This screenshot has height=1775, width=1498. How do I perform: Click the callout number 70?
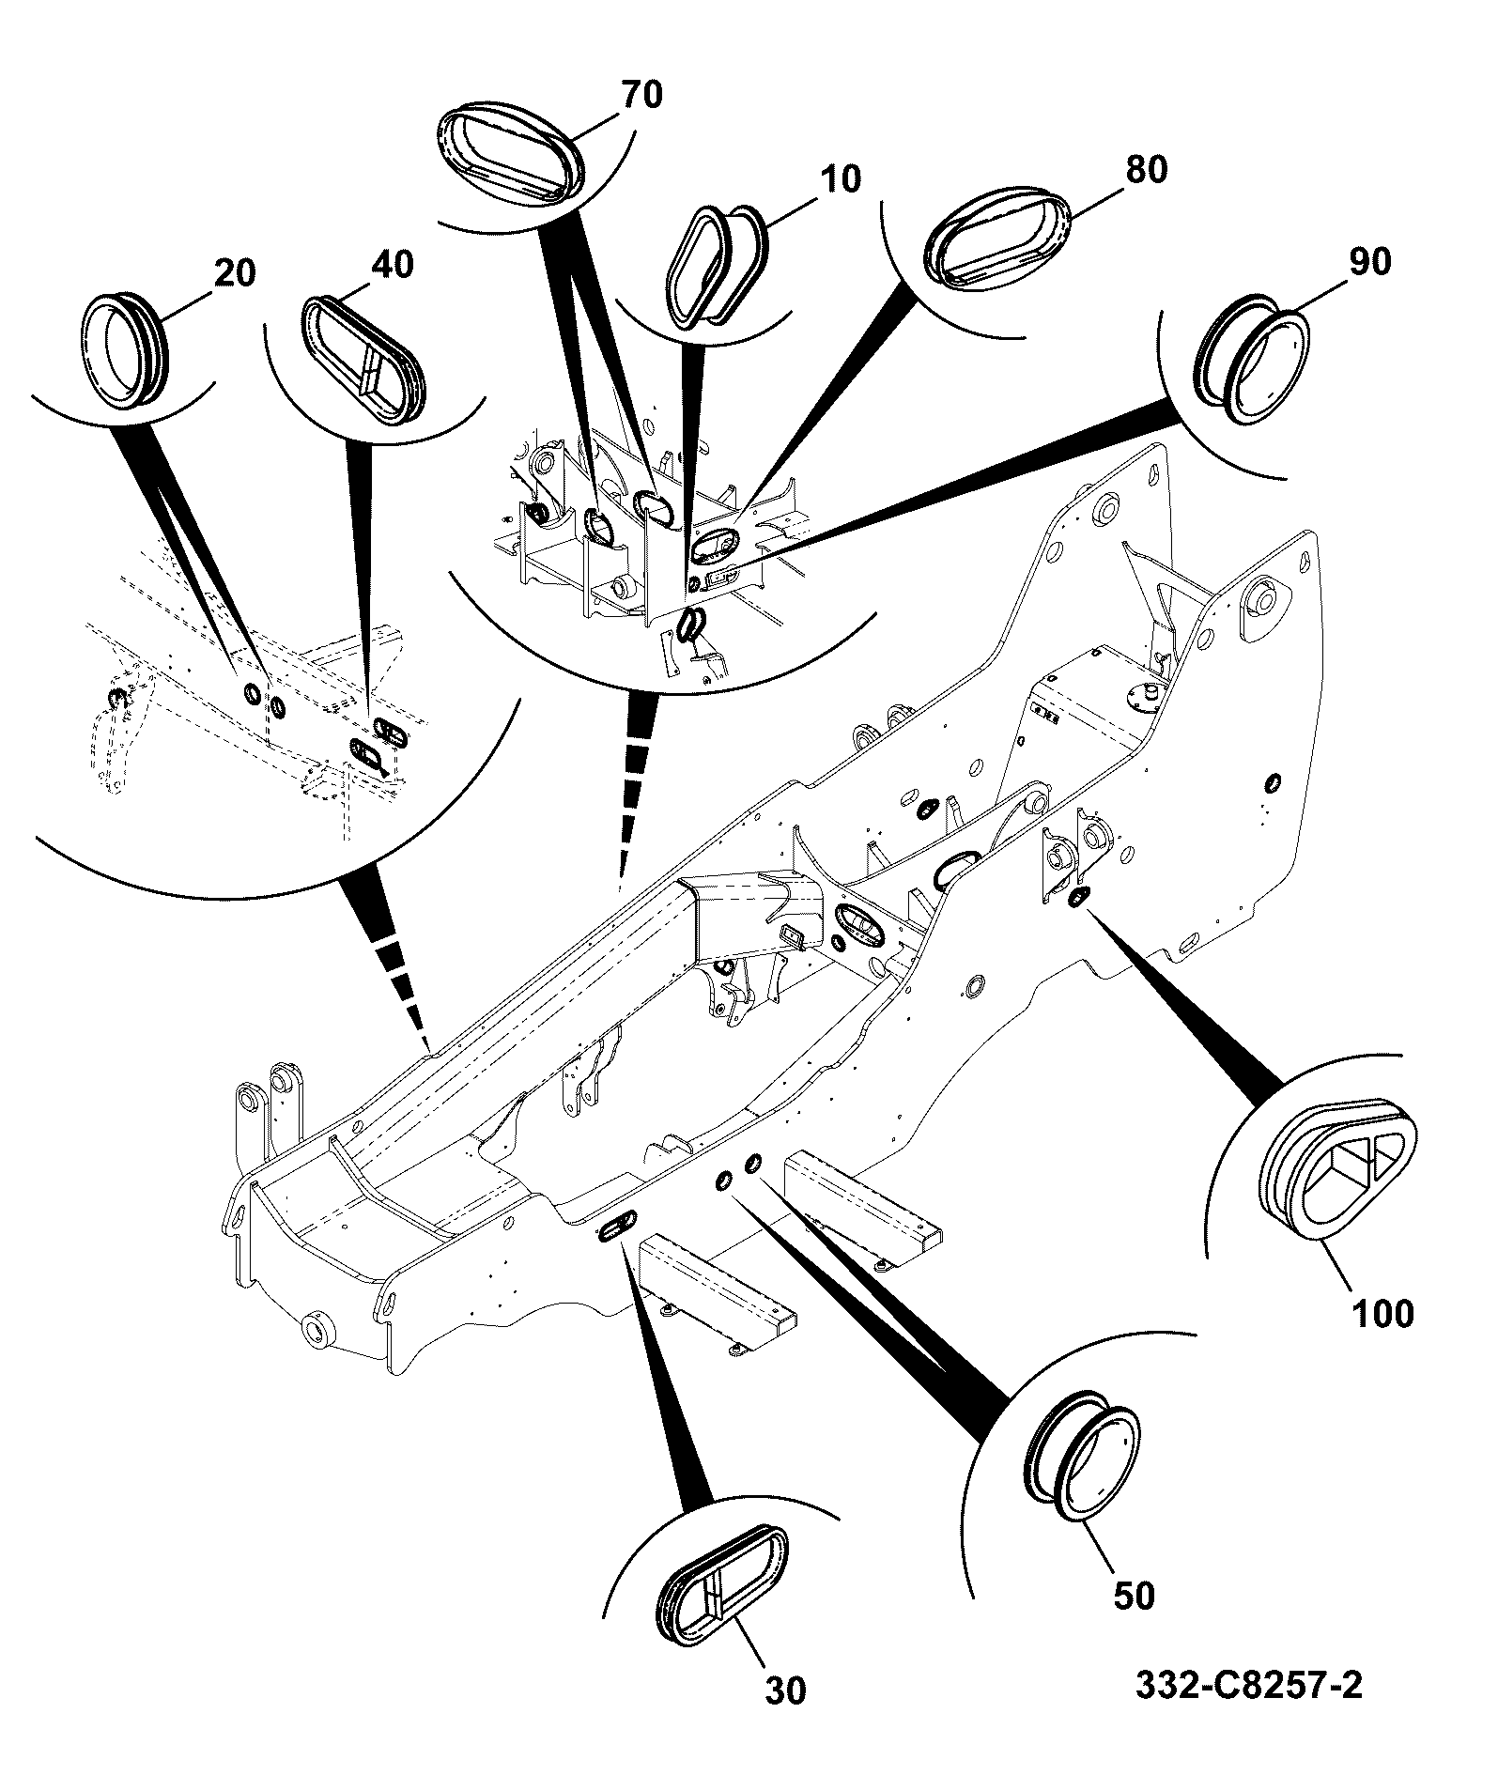(641, 95)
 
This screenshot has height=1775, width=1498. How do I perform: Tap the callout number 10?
(839, 179)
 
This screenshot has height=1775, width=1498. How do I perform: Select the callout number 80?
(1145, 170)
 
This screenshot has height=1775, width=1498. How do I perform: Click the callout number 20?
(235, 273)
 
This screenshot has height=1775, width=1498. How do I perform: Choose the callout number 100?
(1384, 1314)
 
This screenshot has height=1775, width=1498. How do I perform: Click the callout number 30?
(784, 1691)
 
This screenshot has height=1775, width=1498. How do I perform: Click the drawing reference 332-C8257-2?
(1249, 1686)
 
